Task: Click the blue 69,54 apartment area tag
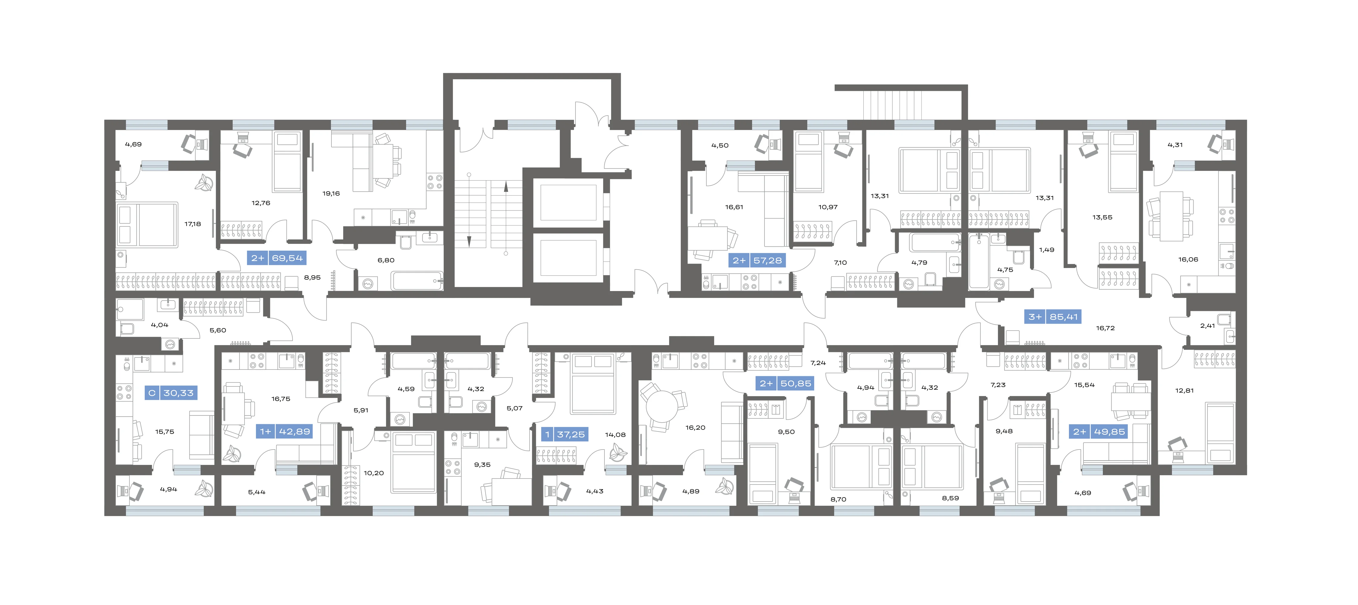(276, 258)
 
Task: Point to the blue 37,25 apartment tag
(564, 435)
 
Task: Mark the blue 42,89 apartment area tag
(285, 431)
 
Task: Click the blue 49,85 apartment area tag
(1099, 431)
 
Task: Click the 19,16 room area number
(331, 194)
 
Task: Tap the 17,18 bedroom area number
(193, 224)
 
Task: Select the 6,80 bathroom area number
(386, 260)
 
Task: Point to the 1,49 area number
(1047, 250)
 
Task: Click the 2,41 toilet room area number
(1207, 325)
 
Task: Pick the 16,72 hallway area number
(1105, 328)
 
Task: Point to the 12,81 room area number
(1184, 390)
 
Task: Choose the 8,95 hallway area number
(312, 277)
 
